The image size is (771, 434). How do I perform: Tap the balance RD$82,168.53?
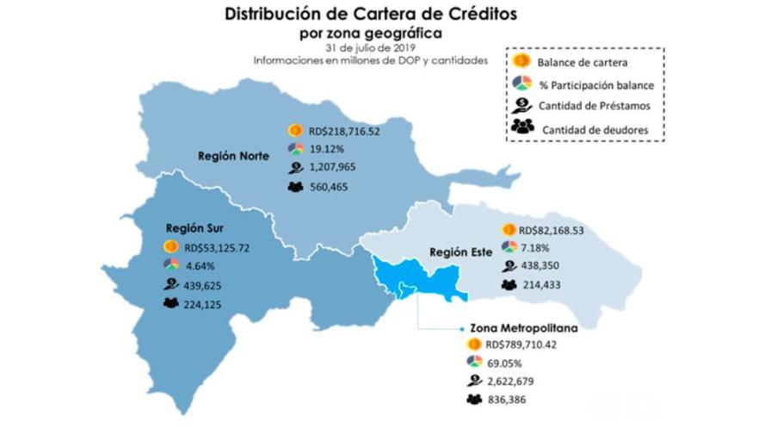click(x=552, y=231)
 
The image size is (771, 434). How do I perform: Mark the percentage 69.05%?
click(x=505, y=363)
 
